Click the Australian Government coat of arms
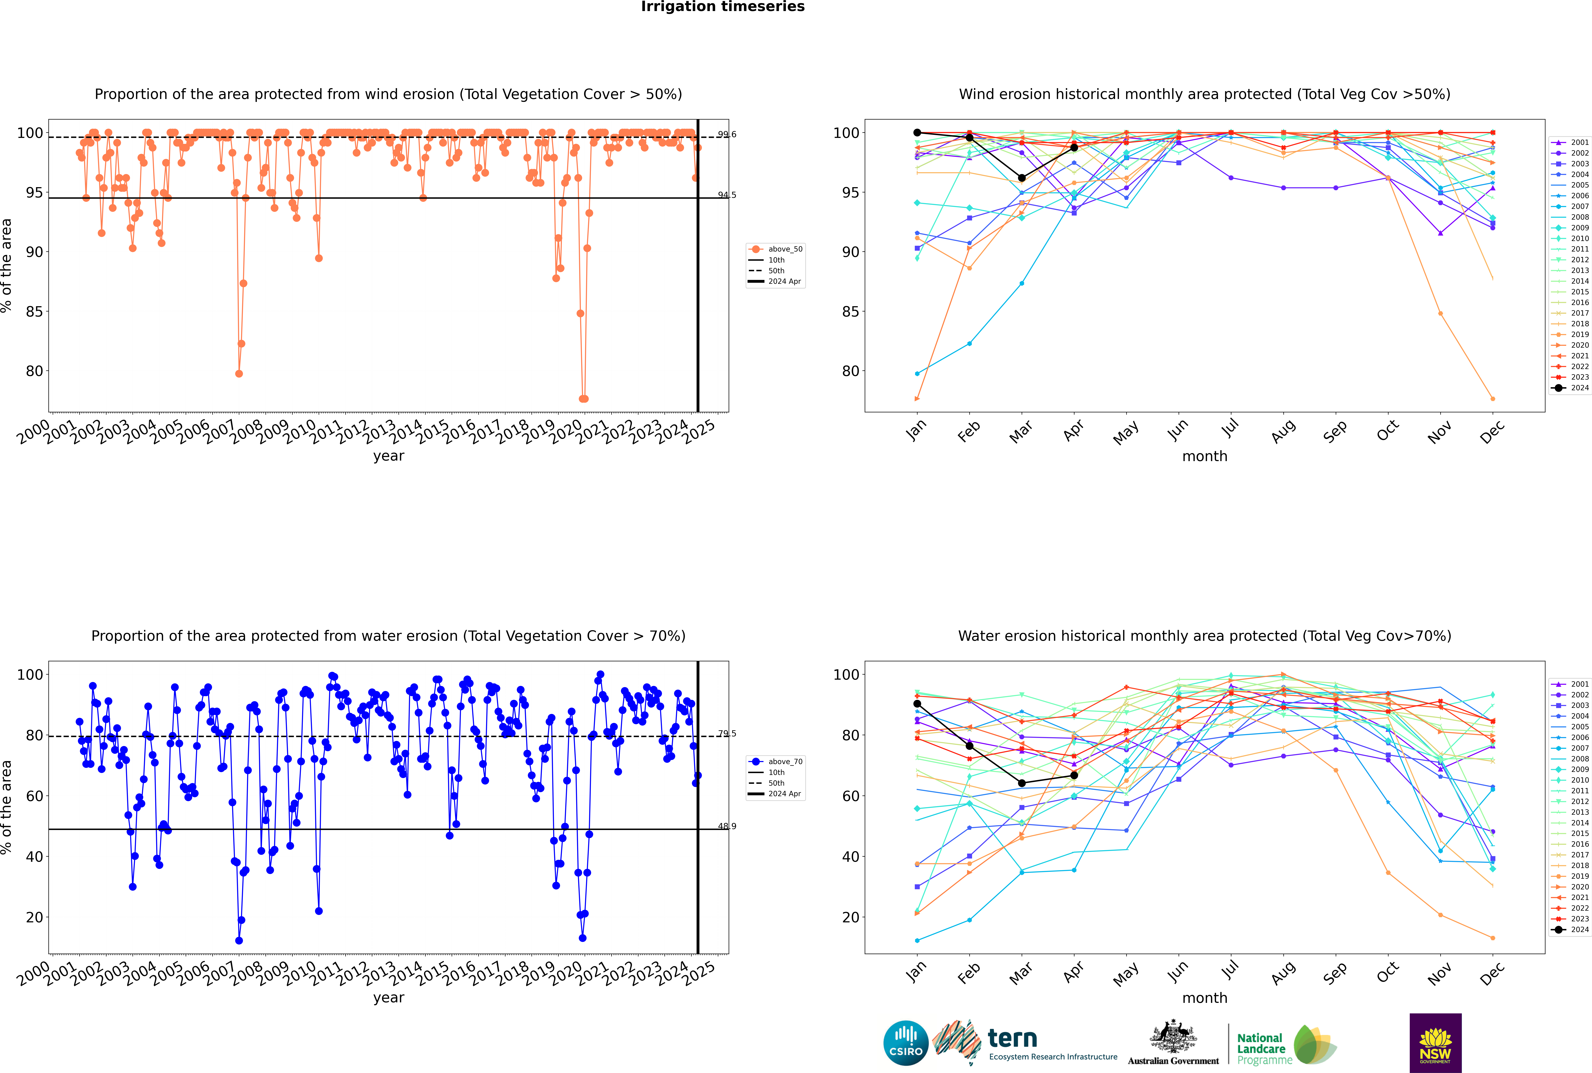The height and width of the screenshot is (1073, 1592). click(1173, 1037)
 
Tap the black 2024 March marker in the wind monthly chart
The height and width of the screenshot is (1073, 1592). click(1022, 178)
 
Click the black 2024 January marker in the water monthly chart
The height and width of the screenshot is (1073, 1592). click(917, 703)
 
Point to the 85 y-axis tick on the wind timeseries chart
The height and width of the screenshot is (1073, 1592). click(34, 311)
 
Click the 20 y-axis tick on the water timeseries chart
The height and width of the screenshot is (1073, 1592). click(34, 917)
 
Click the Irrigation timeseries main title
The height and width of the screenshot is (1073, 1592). click(723, 7)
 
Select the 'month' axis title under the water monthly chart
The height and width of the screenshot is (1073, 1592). click(1205, 998)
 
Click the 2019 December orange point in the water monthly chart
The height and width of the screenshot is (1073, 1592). click(1493, 938)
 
